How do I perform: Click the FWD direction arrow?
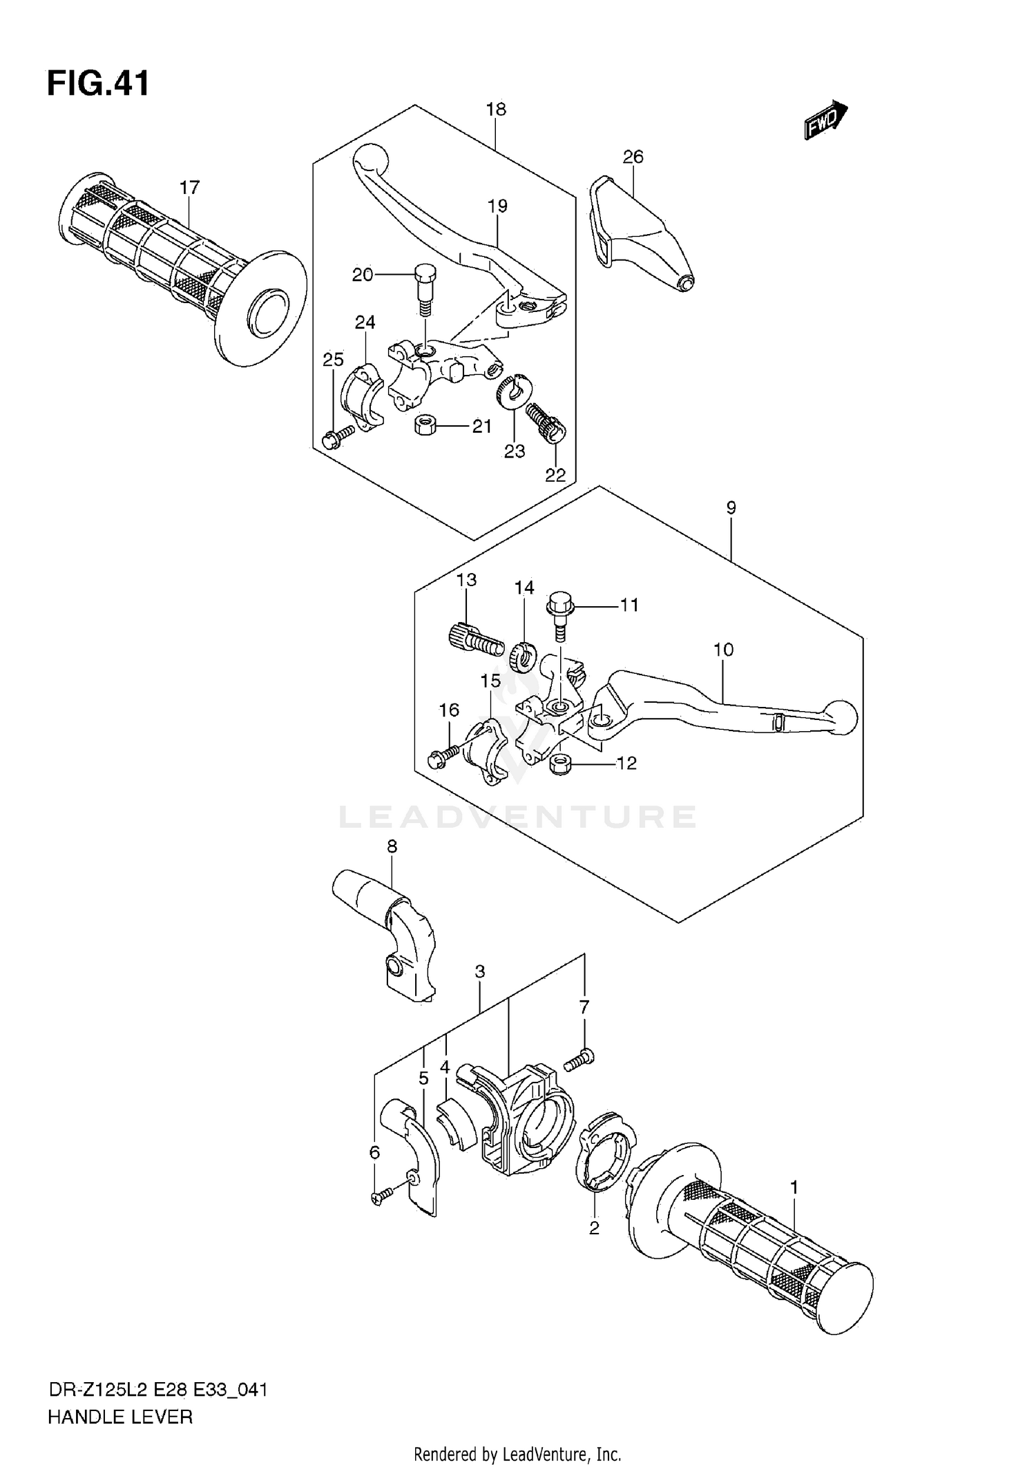pyautogui.click(x=826, y=120)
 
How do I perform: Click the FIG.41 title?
pyautogui.click(x=97, y=84)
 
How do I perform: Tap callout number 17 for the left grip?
pyautogui.click(x=189, y=187)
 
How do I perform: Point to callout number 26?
pyautogui.click(x=633, y=157)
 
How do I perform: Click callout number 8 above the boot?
pyautogui.click(x=392, y=846)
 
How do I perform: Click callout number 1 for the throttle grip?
pyautogui.click(x=794, y=1187)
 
